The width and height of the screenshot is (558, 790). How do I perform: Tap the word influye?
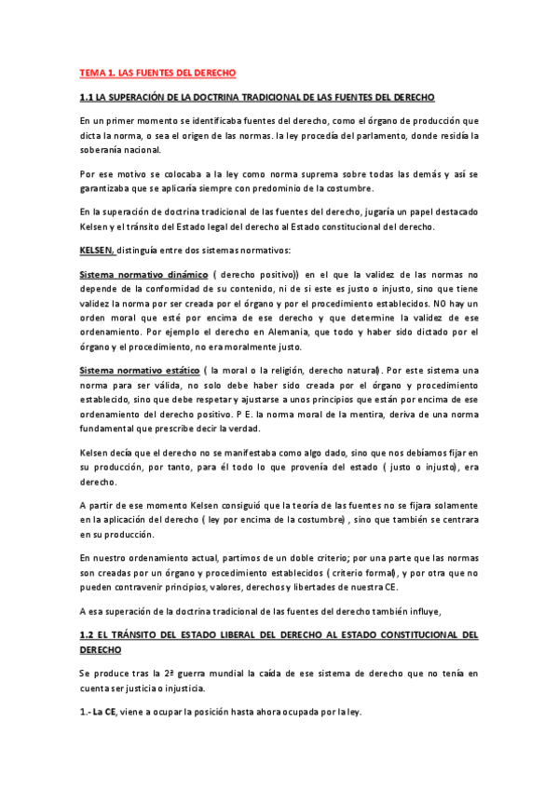456,611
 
